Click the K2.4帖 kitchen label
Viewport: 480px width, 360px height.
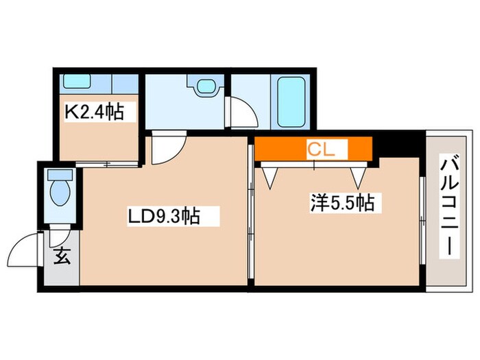(x=95, y=112)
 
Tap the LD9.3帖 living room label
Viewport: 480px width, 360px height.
(x=164, y=217)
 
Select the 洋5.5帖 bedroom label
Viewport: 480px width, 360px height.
(x=343, y=202)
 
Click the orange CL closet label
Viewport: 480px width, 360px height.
(x=321, y=149)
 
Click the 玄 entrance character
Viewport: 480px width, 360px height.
(x=62, y=256)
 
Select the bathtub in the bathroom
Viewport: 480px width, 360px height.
(x=291, y=101)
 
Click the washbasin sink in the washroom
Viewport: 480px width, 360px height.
(x=206, y=86)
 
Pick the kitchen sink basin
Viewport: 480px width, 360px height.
(x=77, y=81)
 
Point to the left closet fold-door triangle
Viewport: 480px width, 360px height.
(x=269, y=178)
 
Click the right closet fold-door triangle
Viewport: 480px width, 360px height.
(x=358, y=178)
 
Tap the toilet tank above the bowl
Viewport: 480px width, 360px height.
(x=60, y=175)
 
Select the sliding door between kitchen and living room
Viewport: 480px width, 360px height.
(x=106, y=165)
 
